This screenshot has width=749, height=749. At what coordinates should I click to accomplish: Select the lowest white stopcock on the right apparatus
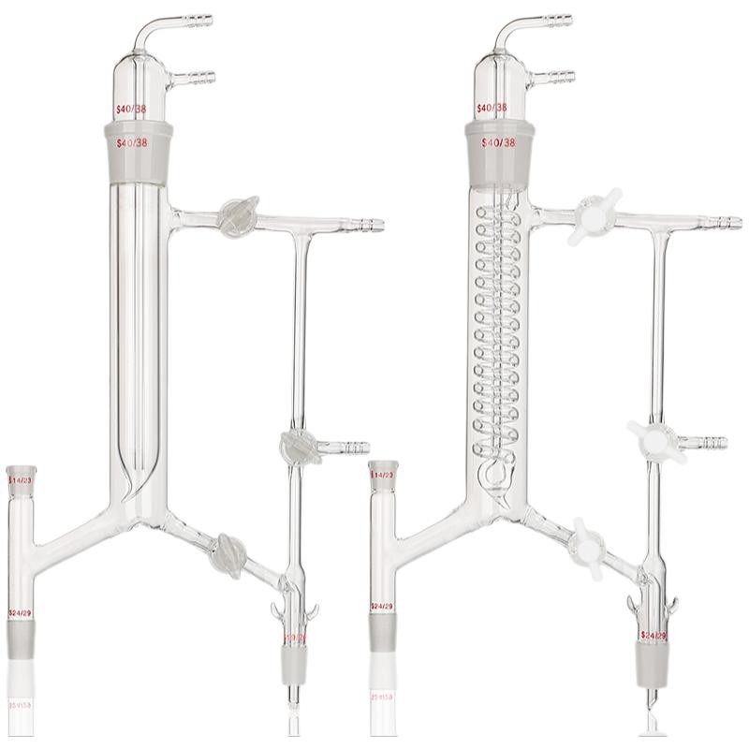588,544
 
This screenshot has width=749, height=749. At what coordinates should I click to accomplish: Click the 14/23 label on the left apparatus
19,480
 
